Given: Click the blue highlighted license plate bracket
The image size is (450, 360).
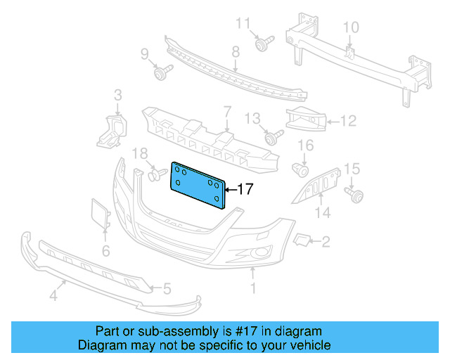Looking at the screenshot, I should click(x=199, y=185).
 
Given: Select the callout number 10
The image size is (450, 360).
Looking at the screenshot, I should click(x=350, y=27).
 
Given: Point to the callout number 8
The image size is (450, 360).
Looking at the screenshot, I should click(x=236, y=51).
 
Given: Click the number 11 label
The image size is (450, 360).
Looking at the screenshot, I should click(x=243, y=24).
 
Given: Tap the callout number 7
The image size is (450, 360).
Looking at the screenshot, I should click(x=228, y=111).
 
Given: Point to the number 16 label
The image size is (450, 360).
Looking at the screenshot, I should click(x=306, y=146).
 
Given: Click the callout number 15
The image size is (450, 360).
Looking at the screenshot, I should click(x=352, y=168).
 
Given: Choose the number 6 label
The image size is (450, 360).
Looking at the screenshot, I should click(x=105, y=250).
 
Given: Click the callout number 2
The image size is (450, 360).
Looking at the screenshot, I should click(x=325, y=243).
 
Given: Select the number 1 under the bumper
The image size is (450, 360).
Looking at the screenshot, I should click(x=254, y=288).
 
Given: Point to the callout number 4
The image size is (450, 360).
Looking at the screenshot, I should click(x=53, y=297).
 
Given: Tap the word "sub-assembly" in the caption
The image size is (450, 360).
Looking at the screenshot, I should click(x=149, y=331).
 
